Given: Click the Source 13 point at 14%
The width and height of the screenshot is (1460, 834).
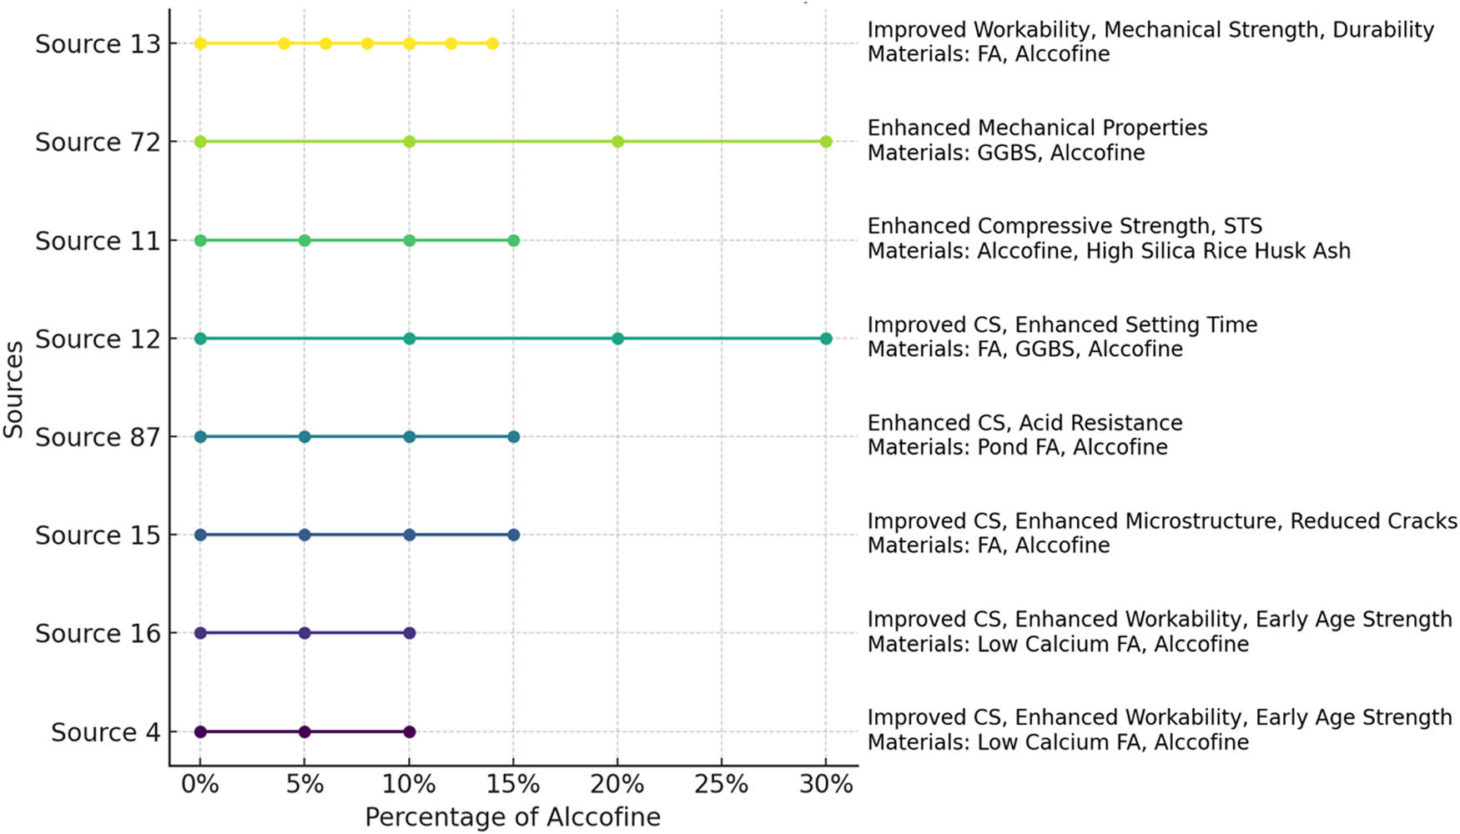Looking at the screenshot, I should point(492,43).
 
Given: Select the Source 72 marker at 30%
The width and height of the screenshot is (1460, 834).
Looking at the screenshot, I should point(826,142).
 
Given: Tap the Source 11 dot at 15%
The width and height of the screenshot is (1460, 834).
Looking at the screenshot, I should point(513,240).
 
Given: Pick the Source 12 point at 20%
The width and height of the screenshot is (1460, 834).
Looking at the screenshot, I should point(617,339).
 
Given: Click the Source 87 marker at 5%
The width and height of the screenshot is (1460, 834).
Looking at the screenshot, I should point(305,437).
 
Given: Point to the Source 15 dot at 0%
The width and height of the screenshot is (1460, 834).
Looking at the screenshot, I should point(200,535).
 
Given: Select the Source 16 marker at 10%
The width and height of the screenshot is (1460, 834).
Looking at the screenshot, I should point(409,633).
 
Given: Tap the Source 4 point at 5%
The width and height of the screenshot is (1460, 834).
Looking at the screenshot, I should point(305,731).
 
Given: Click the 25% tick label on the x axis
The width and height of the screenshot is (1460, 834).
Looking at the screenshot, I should point(721,785).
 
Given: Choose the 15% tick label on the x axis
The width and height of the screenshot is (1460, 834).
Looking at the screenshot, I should point(512,785).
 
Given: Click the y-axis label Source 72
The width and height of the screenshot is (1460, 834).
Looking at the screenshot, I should point(97,143).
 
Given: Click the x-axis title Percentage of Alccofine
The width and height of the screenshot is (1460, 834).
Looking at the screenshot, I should point(512,817).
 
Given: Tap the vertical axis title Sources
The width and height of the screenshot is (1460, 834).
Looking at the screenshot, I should point(13,389).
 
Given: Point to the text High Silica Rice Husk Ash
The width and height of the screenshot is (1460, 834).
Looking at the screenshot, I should point(1217,251).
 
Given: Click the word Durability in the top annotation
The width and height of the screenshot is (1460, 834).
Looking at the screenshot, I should point(1382,30).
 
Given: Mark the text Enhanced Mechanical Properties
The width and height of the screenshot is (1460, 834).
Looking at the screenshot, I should point(1037,128).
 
